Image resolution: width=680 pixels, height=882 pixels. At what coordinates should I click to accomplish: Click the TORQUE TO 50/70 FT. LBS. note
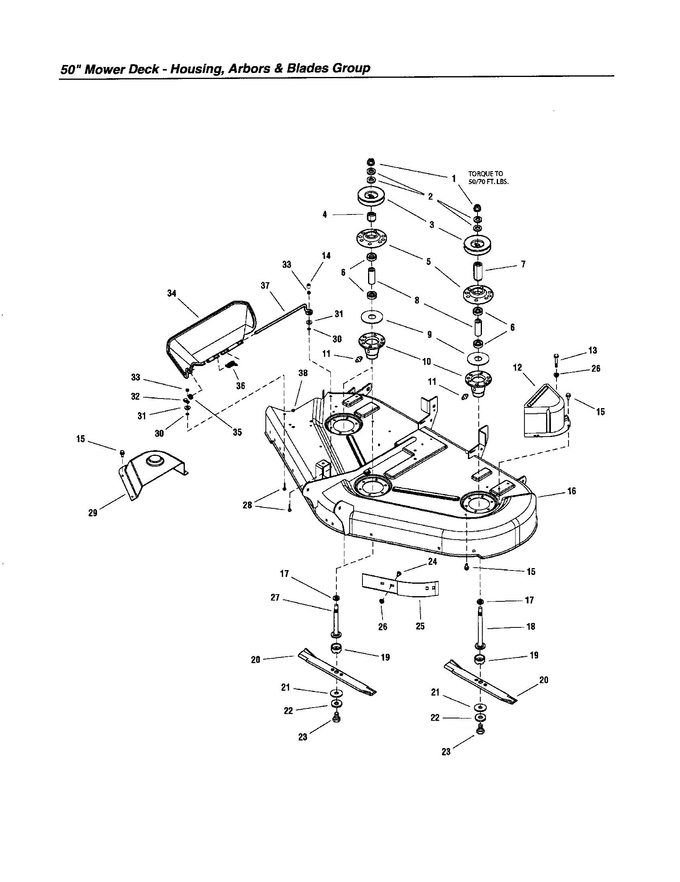pyautogui.click(x=488, y=178)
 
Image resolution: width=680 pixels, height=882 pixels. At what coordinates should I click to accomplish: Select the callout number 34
pyautogui.click(x=172, y=293)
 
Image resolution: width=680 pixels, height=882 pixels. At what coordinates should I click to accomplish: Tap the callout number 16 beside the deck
pyautogui.click(x=572, y=491)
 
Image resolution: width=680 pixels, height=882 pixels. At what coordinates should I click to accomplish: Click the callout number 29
pyautogui.click(x=93, y=513)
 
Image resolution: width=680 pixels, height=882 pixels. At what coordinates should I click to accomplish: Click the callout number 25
pyautogui.click(x=420, y=626)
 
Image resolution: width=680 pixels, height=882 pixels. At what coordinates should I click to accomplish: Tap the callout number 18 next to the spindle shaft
pyautogui.click(x=531, y=626)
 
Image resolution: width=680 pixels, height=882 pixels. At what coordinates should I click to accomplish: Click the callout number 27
pyautogui.click(x=275, y=598)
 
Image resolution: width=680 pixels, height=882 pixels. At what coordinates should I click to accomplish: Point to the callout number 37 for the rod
pyautogui.click(x=265, y=286)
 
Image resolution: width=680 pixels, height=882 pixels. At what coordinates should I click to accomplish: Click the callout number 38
pyautogui.click(x=303, y=373)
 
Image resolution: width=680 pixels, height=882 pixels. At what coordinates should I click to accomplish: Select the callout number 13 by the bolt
pyautogui.click(x=592, y=350)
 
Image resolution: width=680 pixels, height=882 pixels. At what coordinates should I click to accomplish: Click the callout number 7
pyautogui.click(x=523, y=264)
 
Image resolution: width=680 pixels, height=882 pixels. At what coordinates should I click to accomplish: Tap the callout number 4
pyautogui.click(x=325, y=215)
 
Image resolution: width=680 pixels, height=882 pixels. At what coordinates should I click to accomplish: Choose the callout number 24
pyautogui.click(x=433, y=562)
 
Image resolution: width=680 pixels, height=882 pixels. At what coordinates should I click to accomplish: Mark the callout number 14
pyautogui.click(x=326, y=256)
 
